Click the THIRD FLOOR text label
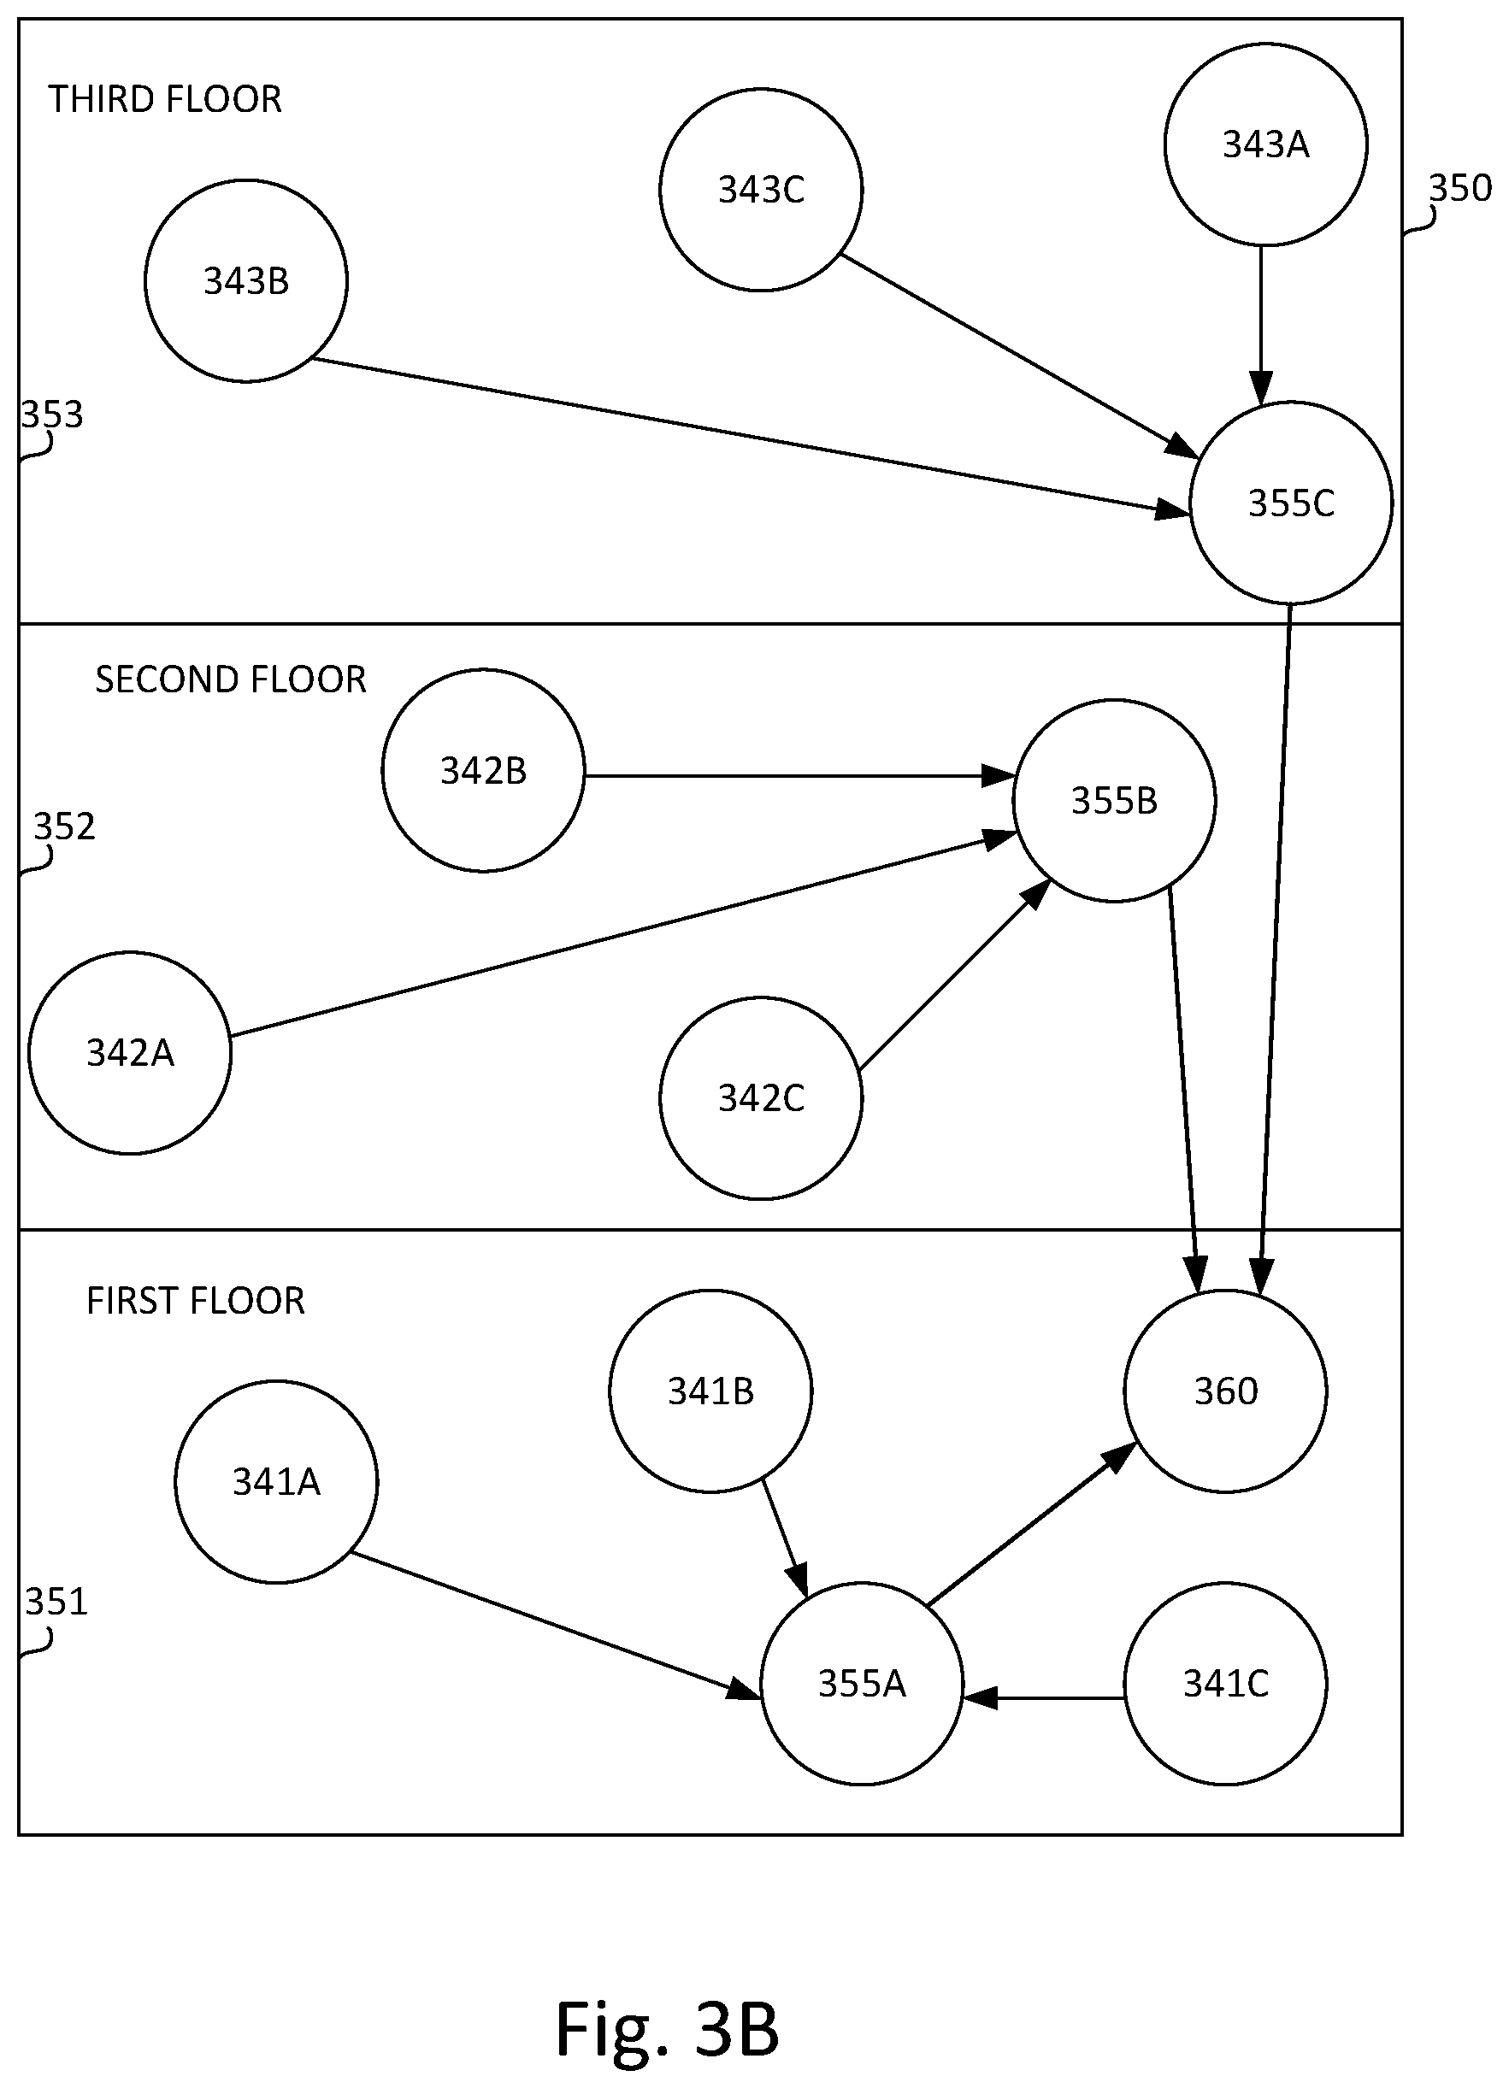pos(165,99)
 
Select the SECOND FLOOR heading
pos(231,679)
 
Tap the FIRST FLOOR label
pos(195,1301)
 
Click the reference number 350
pos(1460,188)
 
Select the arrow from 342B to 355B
pos(799,776)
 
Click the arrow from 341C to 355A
pos(1043,1697)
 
